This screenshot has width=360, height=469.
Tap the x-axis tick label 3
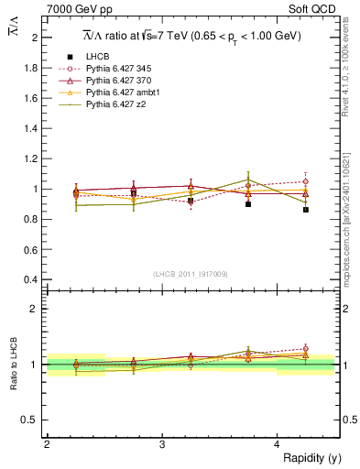click(162, 444)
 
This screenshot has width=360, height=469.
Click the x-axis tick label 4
click(278, 444)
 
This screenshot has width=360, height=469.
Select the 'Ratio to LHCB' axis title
click(12, 365)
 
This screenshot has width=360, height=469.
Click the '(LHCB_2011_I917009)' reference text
click(191, 273)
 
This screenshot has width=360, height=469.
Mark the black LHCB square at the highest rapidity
click(306, 210)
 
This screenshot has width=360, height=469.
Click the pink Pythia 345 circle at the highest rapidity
click(306, 181)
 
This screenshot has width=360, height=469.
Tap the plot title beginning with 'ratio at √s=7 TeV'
click(193, 36)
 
